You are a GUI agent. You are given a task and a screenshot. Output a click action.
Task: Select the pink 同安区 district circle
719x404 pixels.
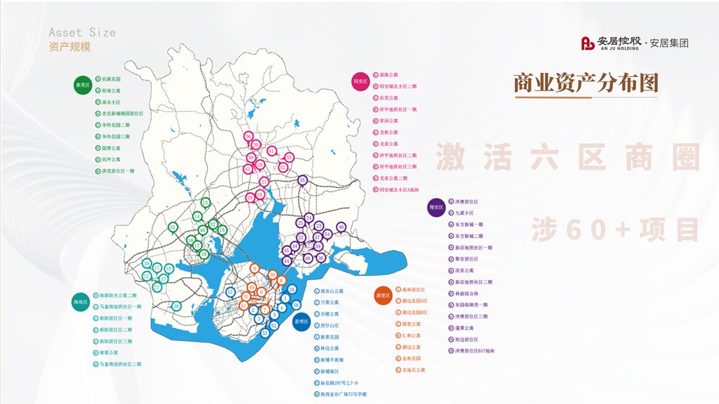tap(360, 81)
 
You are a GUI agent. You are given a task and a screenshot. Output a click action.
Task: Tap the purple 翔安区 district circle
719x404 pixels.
tap(436, 208)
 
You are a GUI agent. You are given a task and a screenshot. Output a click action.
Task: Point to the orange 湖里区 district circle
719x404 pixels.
tap(383, 295)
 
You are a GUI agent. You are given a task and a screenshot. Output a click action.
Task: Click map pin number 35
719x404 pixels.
tap(303, 180)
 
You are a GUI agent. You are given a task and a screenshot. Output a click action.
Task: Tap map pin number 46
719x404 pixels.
tap(341, 227)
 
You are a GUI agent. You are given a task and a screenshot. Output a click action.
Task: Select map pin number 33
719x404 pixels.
tap(173, 227)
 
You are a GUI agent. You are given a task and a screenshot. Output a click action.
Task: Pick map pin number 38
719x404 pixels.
tap(177, 305)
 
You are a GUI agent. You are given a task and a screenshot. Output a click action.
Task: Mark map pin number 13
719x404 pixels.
tap(205, 201)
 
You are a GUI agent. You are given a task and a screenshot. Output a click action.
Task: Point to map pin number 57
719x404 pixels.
tap(230, 292)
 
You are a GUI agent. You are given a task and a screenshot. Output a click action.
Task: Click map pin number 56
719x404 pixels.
tap(248, 136)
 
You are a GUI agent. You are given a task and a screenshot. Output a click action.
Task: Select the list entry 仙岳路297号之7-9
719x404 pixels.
tap(338, 383)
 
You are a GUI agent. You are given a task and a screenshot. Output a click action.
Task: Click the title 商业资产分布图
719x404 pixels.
tap(586, 83)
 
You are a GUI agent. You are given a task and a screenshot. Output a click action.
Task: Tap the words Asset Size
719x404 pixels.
tap(82, 32)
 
